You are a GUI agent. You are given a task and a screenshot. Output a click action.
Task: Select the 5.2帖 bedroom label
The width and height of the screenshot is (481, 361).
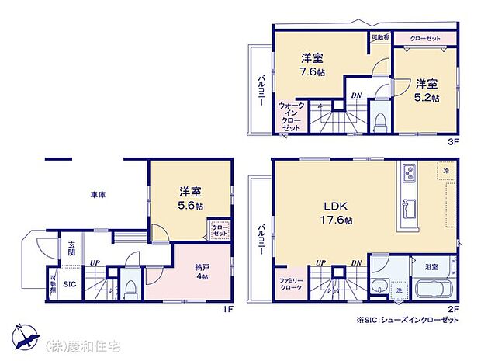click(x=426, y=91)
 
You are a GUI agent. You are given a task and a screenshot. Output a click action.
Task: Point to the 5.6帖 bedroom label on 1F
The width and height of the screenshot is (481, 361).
click(x=192, y=199)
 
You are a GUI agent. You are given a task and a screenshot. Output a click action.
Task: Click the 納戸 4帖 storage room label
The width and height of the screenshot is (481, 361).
click(x=202, y=272)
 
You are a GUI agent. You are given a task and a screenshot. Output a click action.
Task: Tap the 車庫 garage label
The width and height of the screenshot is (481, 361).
click(x=97, y=195)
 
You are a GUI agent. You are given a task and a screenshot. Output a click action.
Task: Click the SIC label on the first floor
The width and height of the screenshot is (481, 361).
click(x=68, y=283)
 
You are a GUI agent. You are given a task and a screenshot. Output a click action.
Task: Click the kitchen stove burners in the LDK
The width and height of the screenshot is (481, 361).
click(x=409, y=172)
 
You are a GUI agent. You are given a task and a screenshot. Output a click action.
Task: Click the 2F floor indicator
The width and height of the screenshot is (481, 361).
click(x=453, y=308)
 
